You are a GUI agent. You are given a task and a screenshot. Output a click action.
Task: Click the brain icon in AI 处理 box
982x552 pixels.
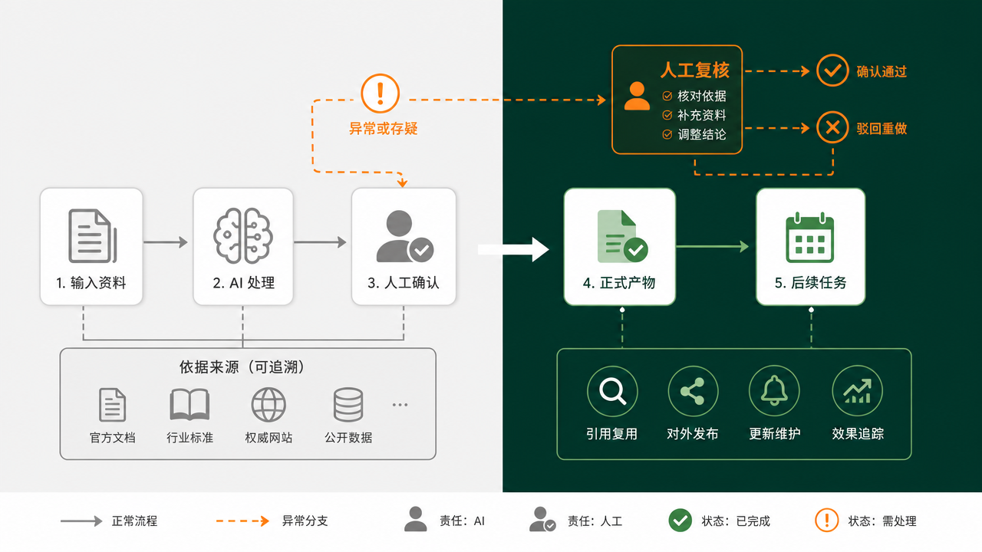pyautogui.click(x=243, y=235)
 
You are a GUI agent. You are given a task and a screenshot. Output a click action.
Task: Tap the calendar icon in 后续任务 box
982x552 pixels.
pyautogui.click(x=809, y=238)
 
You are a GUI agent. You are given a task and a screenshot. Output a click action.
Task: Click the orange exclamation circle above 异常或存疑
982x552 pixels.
pyautogui.click(x=380, y=94)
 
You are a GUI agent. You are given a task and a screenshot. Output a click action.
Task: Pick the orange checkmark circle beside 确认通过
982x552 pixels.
pyautogui.click(x=832, y=71)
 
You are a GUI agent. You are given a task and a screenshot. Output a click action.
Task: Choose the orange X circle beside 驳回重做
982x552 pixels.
pyautogui.click(x=832, y=127)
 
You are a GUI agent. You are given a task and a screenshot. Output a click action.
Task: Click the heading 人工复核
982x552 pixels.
pyautogui.click(x=694, y=70)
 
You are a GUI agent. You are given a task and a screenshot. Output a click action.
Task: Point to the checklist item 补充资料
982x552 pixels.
pyautogui.click(x=701, y=115)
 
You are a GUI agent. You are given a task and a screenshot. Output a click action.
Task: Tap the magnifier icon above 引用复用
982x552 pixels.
pyautogui.click(x=612, y=391)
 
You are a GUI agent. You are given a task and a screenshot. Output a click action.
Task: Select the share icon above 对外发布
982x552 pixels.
pyautogui.click(x=693, y=391)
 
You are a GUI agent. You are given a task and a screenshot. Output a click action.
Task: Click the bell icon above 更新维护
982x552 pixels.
pyautogui.click(x=774, y=391)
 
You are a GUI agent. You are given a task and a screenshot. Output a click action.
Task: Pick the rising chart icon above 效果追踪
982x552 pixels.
pyautogui.click(x=858, y=391)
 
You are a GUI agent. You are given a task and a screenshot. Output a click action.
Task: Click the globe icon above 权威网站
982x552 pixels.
pyautogui.click(x=269, y=404)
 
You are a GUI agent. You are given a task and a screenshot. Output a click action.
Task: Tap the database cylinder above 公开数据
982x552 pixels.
pyautogui.click(x=348, y=404)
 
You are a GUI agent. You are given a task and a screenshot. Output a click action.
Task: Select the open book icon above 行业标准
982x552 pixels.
pyautogui.click(x=189, y=404)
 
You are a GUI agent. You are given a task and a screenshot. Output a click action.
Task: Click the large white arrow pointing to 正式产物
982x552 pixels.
pyautogui.click(x=513, y=249)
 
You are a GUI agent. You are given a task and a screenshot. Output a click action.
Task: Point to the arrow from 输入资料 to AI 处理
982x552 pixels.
pyautogui.click(x=165, y=242)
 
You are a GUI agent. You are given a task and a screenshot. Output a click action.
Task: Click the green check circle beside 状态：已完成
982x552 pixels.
pyautogui.click(x=680, y=521)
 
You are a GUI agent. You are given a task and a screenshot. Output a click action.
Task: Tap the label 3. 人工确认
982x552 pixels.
pyautogui.click(x=404, y=283)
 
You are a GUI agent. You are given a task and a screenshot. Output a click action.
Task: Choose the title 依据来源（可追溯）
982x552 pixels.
pyautogui.click(x=242, y=367)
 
